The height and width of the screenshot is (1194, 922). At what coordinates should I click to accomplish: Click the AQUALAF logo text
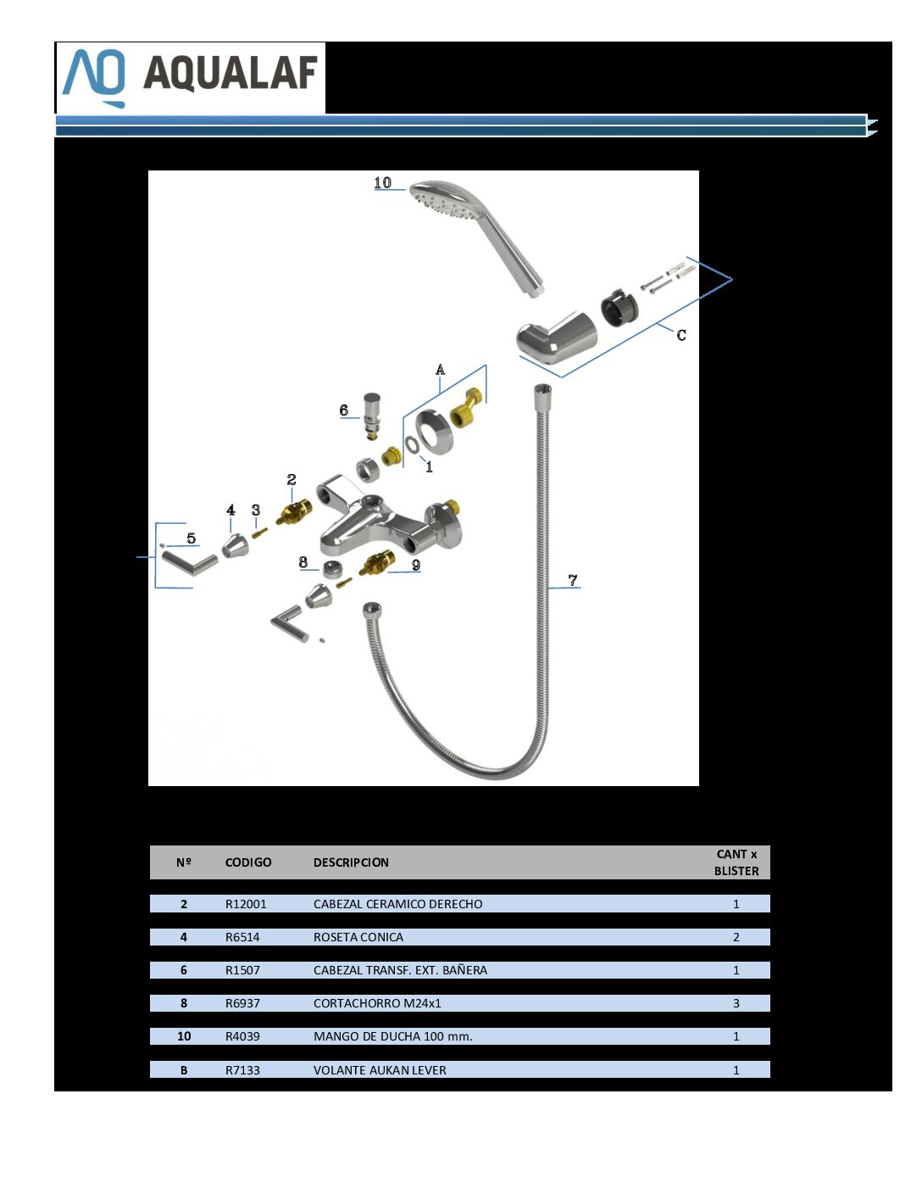click(x=230, y=73)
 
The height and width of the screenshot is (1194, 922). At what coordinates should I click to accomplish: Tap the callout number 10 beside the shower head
click(x=382, y=182)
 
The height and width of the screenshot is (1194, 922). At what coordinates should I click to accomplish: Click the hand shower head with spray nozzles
click(x=479, y=236)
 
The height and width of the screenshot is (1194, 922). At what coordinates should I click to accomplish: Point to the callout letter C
click(x=681, y=335)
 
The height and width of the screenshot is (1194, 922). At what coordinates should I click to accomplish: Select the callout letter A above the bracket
click(x=440, y=371)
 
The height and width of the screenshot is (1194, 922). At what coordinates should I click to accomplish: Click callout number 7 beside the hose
click(x=573, y=580)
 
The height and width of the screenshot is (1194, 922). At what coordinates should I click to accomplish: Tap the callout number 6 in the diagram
click(x=344, y=410)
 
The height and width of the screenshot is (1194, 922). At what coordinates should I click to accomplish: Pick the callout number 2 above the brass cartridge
click(x=292, y=480)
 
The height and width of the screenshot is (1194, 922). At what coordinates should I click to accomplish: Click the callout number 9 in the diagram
click(x=416, y=565)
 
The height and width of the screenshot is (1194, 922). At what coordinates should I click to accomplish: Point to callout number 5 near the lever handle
click(x=192, y=538)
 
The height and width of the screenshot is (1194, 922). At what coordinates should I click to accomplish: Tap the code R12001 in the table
click(x=246, y=904)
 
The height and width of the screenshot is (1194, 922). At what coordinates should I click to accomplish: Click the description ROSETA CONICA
click(x=358, y=937)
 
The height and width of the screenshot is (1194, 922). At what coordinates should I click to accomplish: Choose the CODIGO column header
click(x=248, y=862)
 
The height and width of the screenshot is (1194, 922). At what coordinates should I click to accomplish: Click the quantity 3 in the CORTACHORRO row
click(x=736, y=1003)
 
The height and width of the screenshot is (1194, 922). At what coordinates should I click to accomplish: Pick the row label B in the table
click(x=183, y=1070)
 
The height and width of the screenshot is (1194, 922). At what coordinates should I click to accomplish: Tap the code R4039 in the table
click(x=242, y=1035)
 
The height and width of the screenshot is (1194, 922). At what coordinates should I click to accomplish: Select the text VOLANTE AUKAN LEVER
click(x=380, y=1070)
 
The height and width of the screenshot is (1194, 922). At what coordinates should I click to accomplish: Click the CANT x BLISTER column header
click(x=736, y=862)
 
